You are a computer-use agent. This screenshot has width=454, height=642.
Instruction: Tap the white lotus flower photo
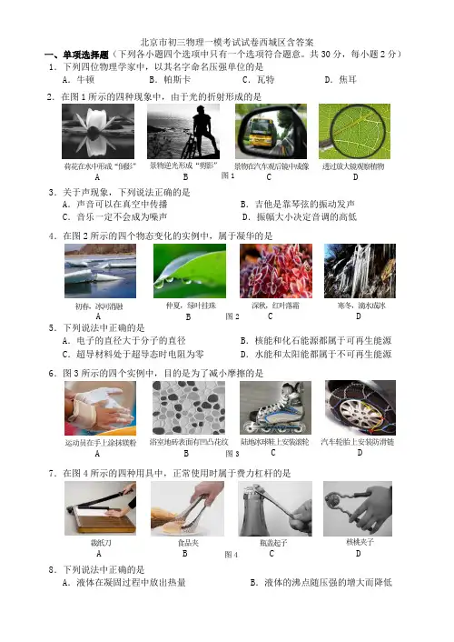pyautogui.click(x=98, y=131)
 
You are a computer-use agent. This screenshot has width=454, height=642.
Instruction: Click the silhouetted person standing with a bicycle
pyautogui.click(x=202, y=131)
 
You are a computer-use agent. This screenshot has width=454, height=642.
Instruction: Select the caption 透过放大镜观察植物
pyautogui.click(x=353, y=166)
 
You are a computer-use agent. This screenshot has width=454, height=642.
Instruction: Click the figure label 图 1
pyautogui.click(x=228, y=176)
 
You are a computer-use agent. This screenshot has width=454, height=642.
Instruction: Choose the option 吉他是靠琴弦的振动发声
pyautogui.click(x=297, y=204)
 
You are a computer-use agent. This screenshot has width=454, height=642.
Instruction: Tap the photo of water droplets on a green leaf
pyautogui.click(x=190, y=271)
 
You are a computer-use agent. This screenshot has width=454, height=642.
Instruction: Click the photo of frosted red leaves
pyautogui.click(x=276, y=271)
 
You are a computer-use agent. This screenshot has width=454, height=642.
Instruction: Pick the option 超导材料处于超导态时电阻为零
pyautogui.click(x=133, y=354)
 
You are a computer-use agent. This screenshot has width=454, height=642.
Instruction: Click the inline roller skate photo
pyautogui.click(x=275, y=407)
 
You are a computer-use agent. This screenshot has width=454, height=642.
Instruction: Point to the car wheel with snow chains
pyautogui.click(x=360, y=407)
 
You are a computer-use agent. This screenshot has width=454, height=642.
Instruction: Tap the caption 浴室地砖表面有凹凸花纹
pyautogui.click(x=189, y=442)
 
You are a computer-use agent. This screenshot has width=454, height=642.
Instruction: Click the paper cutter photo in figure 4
pyautogui.click(x=100, y=508)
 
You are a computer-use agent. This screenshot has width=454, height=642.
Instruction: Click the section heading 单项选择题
pyautogui.click(x=85, y=55)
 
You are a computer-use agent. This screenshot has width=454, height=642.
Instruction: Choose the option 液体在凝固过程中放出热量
pyautogui.click(x=123, y=582)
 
